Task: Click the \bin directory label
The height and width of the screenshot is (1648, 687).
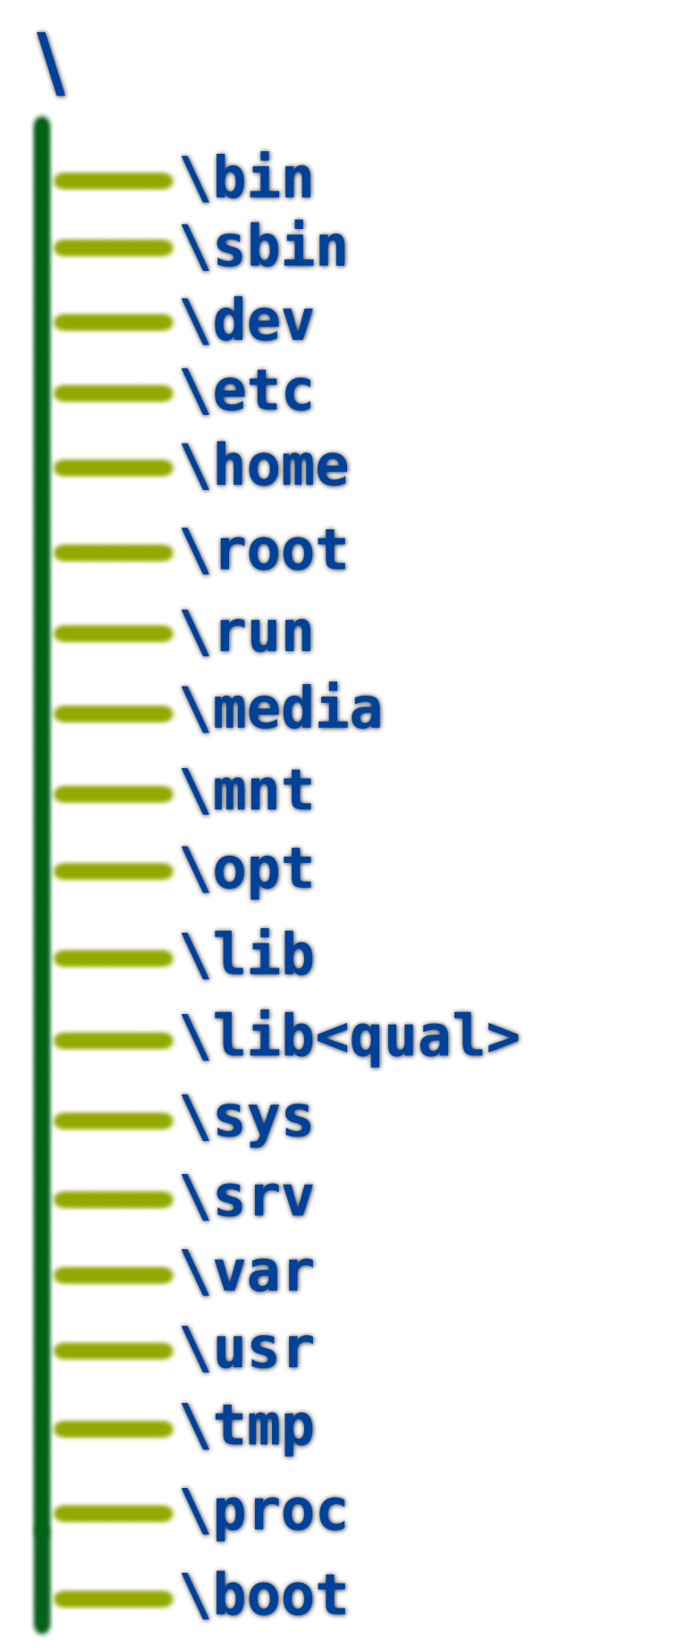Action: [247, 179]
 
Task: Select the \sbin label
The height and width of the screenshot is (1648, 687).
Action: [264, 247]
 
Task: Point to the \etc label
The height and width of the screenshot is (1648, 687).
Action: [247, 391]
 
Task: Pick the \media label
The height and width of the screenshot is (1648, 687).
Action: [281, 708]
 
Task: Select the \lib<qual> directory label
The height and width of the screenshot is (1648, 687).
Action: [350, 1037]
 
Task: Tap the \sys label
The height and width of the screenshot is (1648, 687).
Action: [247, 1119]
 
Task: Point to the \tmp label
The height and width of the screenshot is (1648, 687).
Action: [247, 1426]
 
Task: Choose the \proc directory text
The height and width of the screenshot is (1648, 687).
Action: [264, 1511]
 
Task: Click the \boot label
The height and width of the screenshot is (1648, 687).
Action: [264, 1594]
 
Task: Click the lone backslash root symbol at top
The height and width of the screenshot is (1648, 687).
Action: [51, 63]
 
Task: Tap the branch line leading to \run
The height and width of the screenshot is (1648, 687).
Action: [113, 634]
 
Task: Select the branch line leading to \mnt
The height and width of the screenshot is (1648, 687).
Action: [113, 793]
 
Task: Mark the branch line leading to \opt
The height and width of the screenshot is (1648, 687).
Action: [113, 871]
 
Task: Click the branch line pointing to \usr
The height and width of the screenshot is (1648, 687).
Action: [113, 1350]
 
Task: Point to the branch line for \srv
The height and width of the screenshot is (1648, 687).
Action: [113, 1200]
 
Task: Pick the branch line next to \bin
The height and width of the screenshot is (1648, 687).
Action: [113, 181]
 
